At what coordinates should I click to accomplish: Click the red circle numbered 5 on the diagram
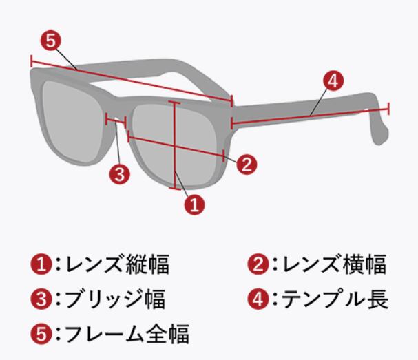(50, 41)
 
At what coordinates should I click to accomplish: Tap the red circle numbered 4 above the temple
(332, 81)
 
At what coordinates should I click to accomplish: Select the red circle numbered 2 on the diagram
(247, 164)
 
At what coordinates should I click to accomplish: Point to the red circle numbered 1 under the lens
(195, 204)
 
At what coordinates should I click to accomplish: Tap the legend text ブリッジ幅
(114, 299)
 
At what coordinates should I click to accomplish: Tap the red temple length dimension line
(310, 116)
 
